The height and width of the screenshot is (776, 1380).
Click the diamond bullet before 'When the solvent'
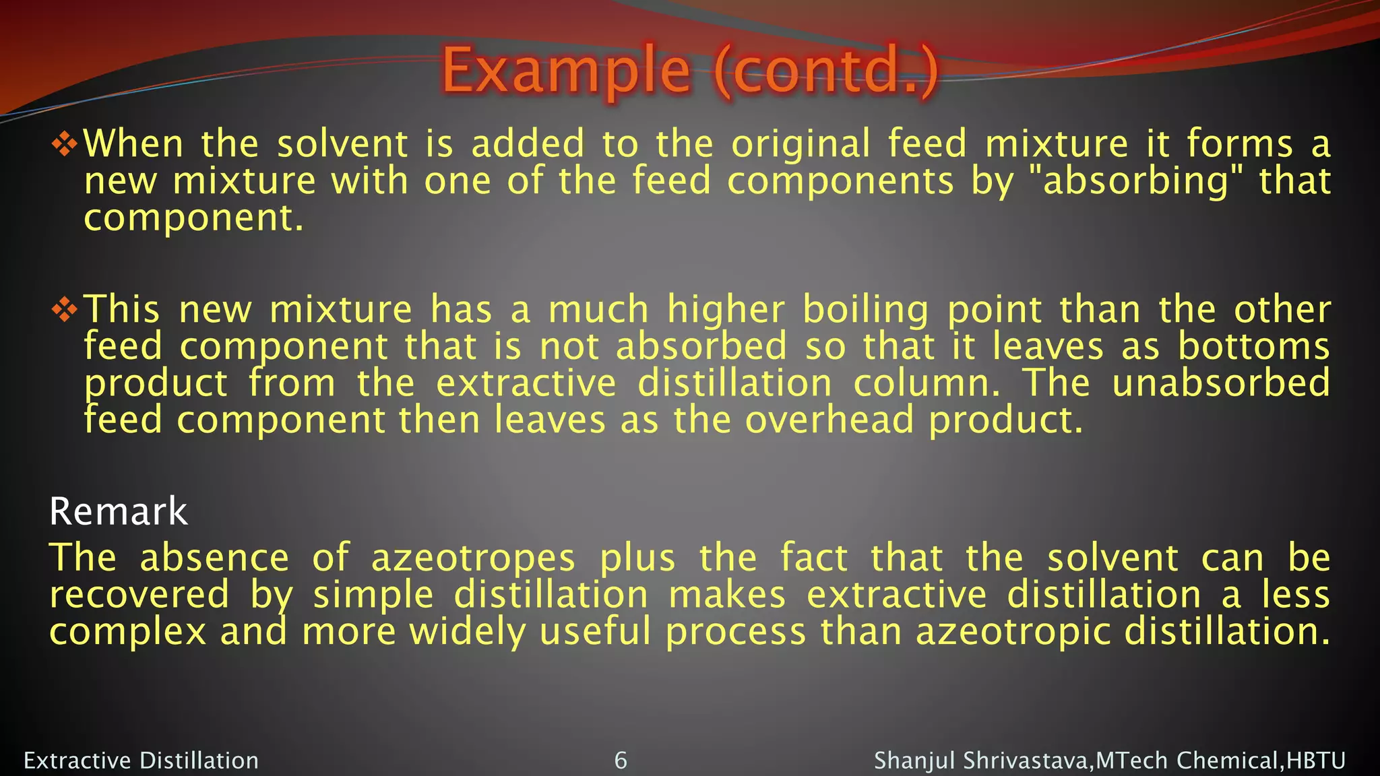[65, 144]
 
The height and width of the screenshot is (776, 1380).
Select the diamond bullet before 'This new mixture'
[65, 309]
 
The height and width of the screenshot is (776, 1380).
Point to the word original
[801, 144]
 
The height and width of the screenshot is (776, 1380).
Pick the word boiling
[865, 310]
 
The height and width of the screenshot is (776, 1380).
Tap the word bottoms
[1253, 346]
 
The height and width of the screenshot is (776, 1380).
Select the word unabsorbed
[1221, 383]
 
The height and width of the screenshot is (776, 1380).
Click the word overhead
[829, 420]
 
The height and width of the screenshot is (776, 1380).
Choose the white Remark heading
[119, 511]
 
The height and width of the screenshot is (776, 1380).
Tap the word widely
[468, 633]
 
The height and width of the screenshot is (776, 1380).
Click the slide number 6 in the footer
[621, 761]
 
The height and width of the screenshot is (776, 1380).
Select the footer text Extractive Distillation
[142, 761]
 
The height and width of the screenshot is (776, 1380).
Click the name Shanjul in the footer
[914, 761]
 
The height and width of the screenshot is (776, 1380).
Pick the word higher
[726, 310]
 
